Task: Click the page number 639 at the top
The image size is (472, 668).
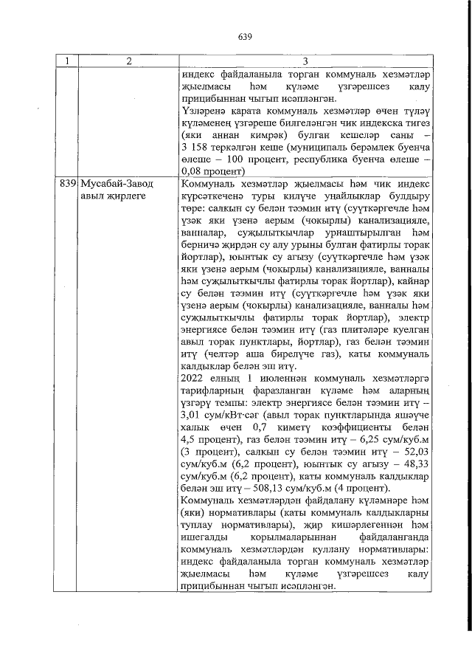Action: click(x=246, y=35)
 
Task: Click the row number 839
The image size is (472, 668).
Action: click(x=67, y=182)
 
